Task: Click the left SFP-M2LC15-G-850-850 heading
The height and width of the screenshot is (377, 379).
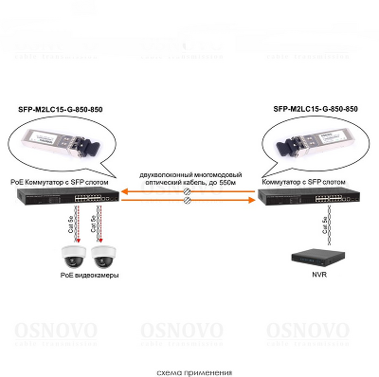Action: [x=61, y=111]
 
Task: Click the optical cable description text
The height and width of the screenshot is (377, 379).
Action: [x=189, y=179]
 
